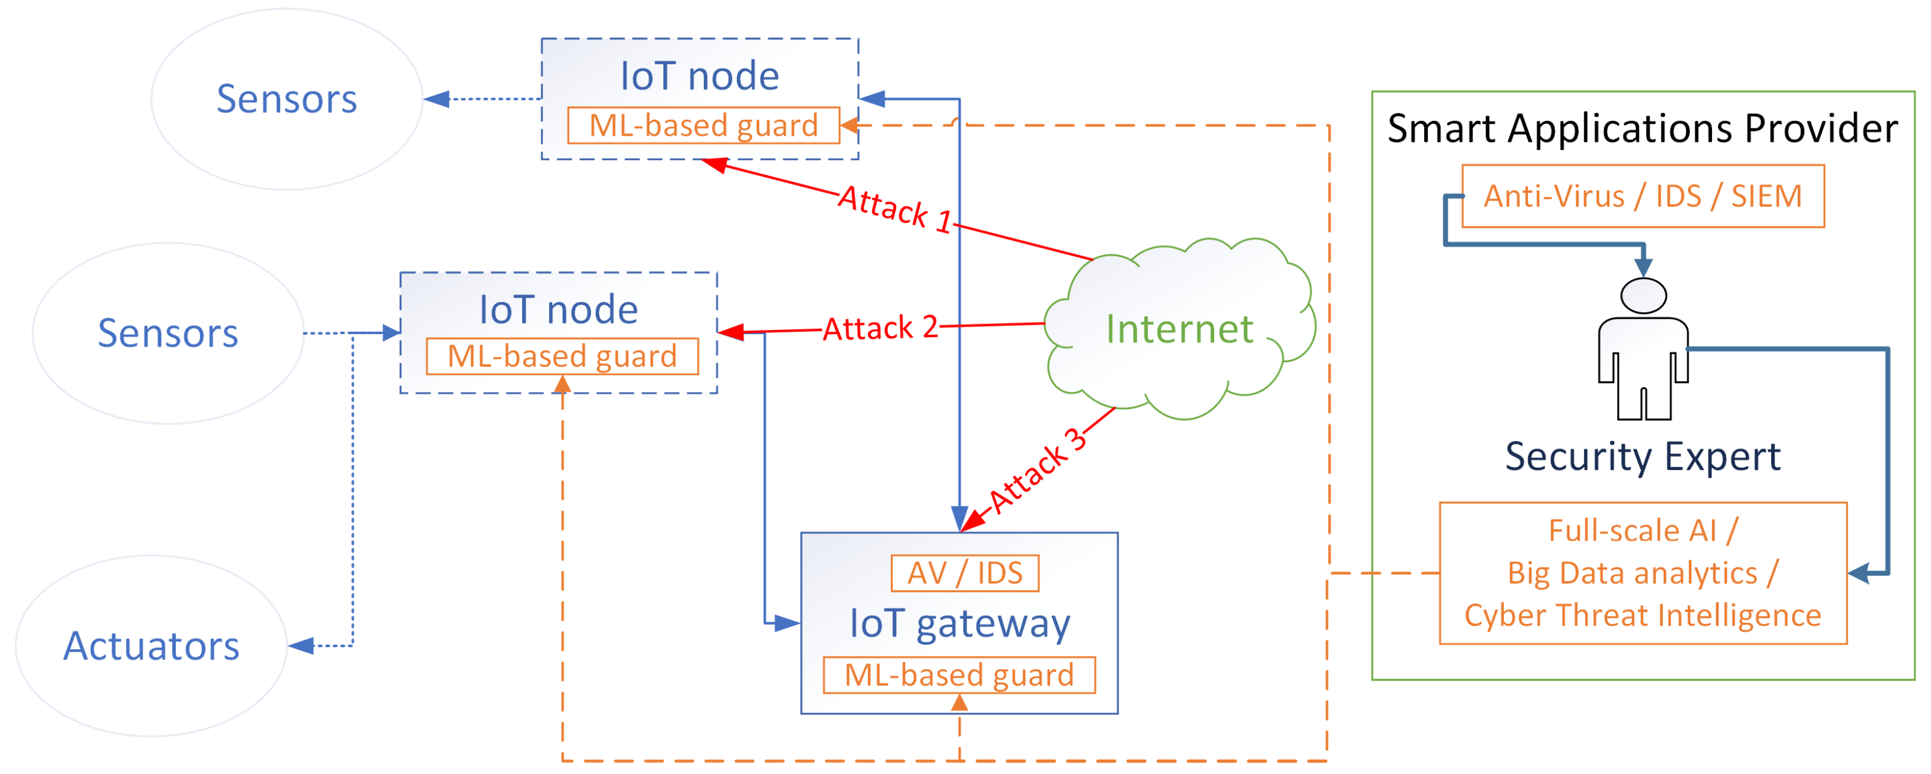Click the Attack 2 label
880,328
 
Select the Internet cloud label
1179,329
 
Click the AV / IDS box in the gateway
964,573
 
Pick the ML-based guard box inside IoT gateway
959,674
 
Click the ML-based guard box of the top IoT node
703,125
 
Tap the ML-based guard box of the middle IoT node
562,355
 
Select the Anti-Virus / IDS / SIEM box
1643,196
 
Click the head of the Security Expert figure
1643,296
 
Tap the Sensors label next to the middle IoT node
168,332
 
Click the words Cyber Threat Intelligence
1643,615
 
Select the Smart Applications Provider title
1643,128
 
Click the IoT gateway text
959,623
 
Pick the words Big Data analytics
1632,573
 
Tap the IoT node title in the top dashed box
699,76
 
